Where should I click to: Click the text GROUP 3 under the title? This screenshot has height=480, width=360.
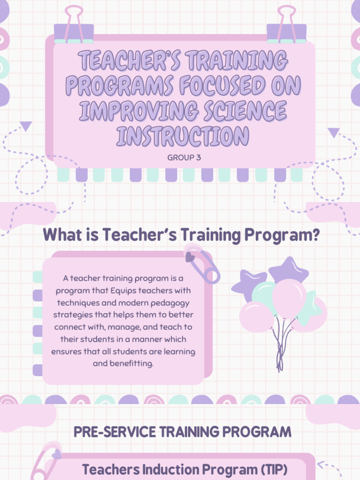coord(184,158)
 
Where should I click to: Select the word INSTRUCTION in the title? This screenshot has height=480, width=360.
coord(183,136)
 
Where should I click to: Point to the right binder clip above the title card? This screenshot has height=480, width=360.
coord(286,25)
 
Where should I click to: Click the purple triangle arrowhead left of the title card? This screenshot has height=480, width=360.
coord(26,126)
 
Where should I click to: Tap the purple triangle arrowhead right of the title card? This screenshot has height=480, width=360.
coord(333,133)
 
